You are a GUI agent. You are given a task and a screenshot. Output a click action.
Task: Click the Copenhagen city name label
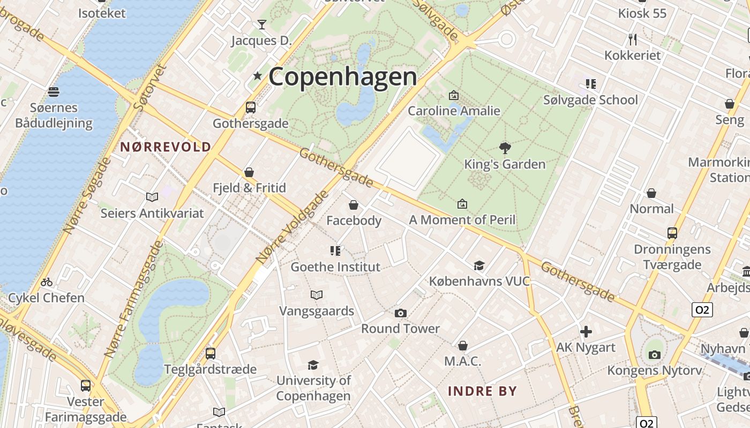pos(342,77)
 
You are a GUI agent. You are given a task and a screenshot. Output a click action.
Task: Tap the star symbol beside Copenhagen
pos(258,76)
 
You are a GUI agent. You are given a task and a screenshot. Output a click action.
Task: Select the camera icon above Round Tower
pos(400,313)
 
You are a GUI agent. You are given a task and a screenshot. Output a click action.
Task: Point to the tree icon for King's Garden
pos(505,148)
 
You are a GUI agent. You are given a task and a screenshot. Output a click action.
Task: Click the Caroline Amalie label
pos(454,111)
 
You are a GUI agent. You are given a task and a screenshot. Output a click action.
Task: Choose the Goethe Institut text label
pos(335,266)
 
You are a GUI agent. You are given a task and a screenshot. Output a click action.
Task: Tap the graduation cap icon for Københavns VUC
pos(479,265)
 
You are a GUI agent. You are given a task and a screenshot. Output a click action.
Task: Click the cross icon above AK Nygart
pos(586,332)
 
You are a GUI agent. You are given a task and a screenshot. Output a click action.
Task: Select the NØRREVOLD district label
pos(166,147)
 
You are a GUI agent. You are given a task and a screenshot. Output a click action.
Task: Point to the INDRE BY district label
pos(483,391)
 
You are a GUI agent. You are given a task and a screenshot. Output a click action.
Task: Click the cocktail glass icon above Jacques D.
pos(261,25)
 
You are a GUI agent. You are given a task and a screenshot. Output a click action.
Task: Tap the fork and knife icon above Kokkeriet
pos(633,39)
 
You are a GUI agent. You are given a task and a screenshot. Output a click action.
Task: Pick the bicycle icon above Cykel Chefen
pos(47,282)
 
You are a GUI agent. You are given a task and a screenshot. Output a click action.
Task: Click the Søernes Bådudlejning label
pos(54,116)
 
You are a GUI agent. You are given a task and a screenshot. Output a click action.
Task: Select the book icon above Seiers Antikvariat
pos(152,197)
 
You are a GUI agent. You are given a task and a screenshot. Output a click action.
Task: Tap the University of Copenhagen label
pos(313,388)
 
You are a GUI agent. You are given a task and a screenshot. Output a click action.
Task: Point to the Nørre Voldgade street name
pos(292,227)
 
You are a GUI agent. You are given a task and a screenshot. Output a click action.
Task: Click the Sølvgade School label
pos(590,100)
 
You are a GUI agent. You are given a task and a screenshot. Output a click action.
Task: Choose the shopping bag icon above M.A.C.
pos(463,346)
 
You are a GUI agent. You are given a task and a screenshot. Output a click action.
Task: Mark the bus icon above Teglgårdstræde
pos(211,353)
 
